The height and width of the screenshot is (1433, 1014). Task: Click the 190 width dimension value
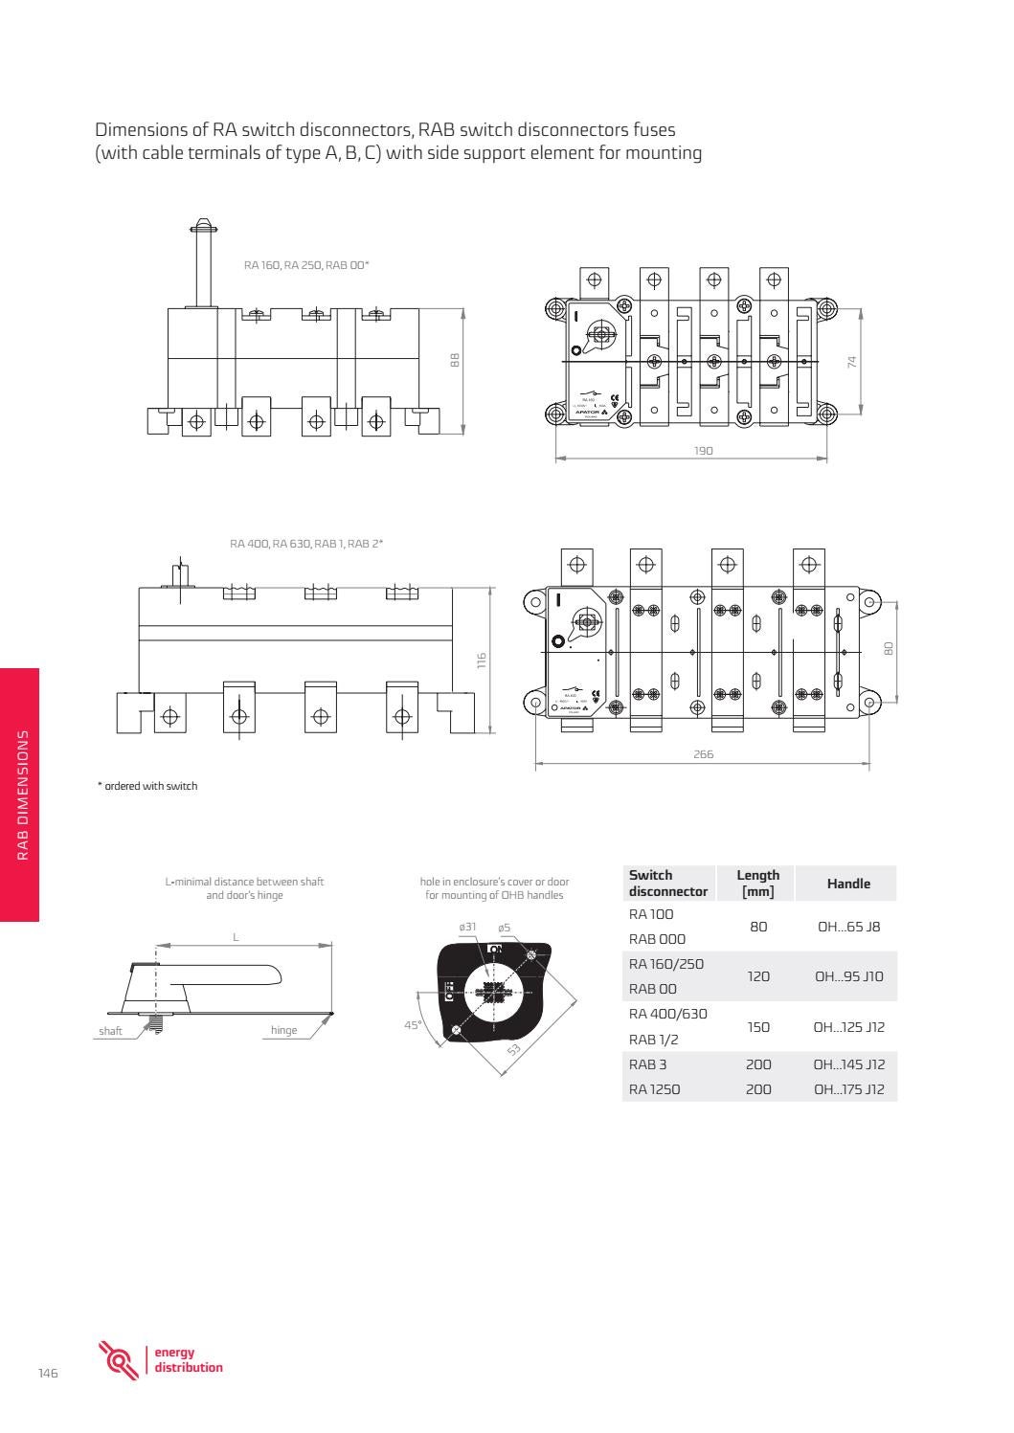pyautogui.click(x=703, y=451)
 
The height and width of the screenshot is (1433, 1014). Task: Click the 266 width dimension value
pyautogui.click(x=703, y=754)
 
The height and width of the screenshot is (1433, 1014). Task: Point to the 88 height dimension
pyautogui.click(x=455, y=360)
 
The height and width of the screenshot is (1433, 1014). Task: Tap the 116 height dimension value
pyautogui.click(x=483, y=661)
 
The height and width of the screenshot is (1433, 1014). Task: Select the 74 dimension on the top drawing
pyautogui.click(x=851, y=361)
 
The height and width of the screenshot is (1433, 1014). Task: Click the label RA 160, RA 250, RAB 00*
pyautogui.click(x=306, y=265)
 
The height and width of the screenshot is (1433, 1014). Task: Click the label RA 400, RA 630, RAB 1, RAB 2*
pyautogui.click(x=306, y=544)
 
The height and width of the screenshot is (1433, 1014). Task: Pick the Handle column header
pyautogui.click(x=847, y=884)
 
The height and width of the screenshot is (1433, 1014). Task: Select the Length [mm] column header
pyautogui.click(x=757, y=883)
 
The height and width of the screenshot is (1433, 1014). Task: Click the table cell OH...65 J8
pyautogui.click(x=847, y=927)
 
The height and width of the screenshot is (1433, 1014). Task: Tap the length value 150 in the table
pyautogui.click(x=757, y=1027)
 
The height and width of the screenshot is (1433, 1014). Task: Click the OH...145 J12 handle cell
pyautogui.click(x=847, y=1064)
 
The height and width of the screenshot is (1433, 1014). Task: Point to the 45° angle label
pyautogui.click(x=413, y=1025)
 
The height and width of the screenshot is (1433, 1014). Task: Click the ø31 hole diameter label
pyautogui.click(x=467, y=928)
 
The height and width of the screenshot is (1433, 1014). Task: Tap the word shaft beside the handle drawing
pyautogui.click(x=110, y=1031)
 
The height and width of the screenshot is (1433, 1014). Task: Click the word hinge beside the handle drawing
pyautogui.click(x=283, y=1031)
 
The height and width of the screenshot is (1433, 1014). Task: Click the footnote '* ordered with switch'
pyautogui.click(x=147, y=786)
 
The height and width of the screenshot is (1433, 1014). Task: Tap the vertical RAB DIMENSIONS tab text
pyautogui.click(x=21, y=795)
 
